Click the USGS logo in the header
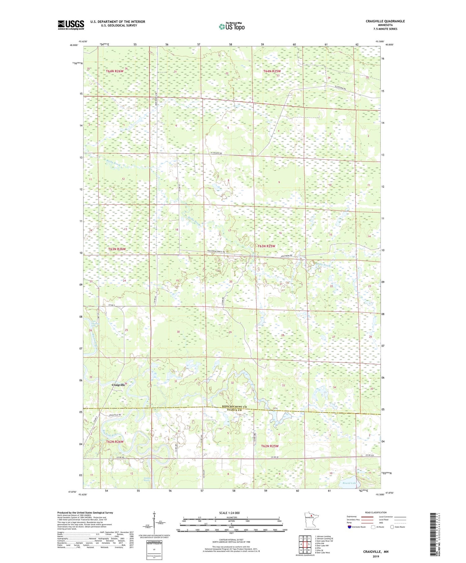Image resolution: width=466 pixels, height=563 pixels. point(71,25)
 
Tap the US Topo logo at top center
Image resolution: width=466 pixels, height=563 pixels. point(231,27)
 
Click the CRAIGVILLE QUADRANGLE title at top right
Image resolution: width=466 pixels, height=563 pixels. point(381,21)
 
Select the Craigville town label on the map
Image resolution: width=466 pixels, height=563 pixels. point(118,384)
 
